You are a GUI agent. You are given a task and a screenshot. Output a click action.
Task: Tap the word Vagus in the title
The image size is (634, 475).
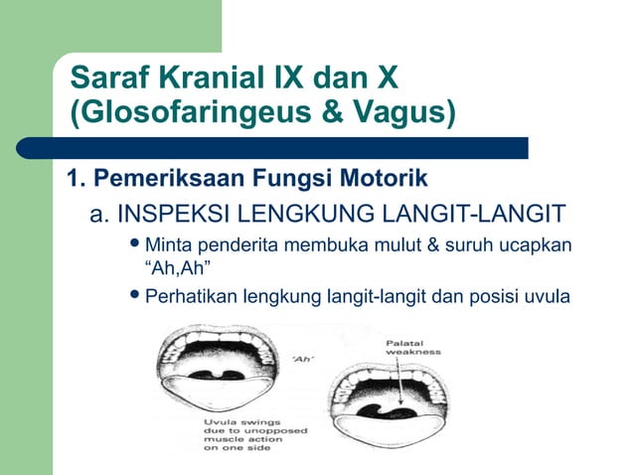tap(397, 112)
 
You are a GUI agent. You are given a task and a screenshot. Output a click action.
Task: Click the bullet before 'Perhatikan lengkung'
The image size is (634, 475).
tap(135, 294)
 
